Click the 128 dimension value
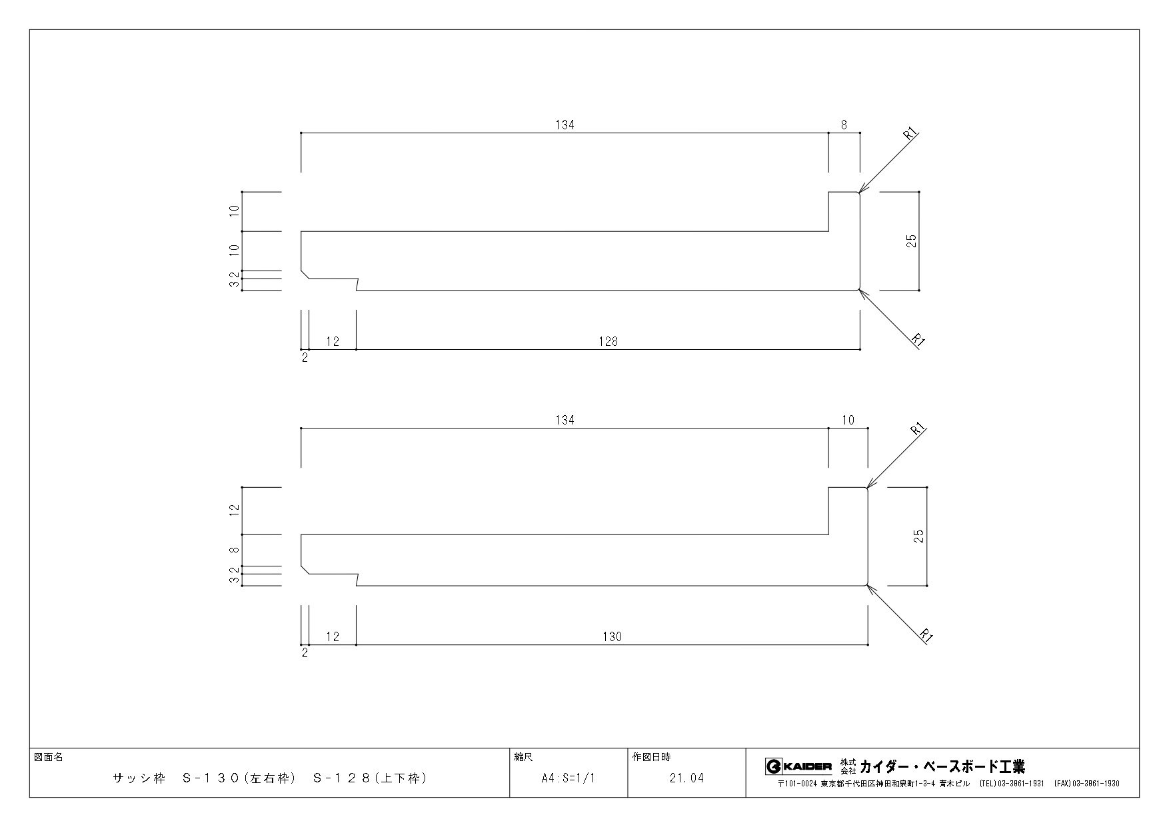tap(608, 341)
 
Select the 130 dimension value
tap(612, 636)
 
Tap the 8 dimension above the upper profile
tap(844, 125)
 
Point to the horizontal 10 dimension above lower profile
tap(848, 420)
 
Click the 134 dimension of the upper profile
tap(565, 125)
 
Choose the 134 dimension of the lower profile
tap(565, 420)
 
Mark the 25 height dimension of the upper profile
tap(912, 241)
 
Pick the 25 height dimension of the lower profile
tap(920, 536)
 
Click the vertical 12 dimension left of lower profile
tap(233, 510)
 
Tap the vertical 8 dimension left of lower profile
tap(233, 550)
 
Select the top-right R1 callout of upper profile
tap(910, 133)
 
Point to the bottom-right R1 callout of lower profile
tap(925, 635)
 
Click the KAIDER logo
tap(798, 766)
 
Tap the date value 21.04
tap(686, 778)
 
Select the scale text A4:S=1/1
tap(568, 778)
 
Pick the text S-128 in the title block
tap(342, 778)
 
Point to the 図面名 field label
tap(48, 757)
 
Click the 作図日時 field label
tap(651, 757)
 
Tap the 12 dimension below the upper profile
tap(333, 341)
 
